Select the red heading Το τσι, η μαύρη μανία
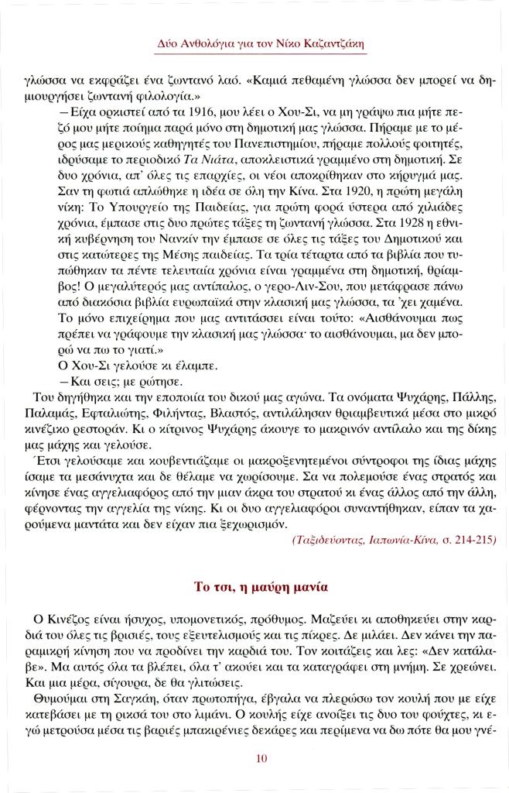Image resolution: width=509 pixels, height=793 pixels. tap(261, 587)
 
